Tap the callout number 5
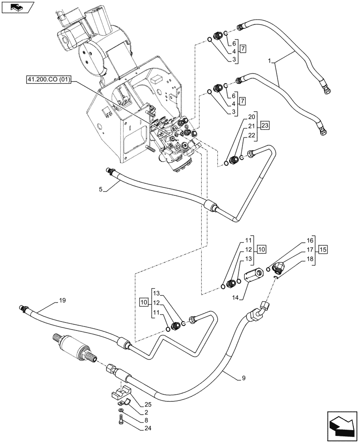[101, 189]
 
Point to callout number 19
[63, 301]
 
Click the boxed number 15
[323, 250]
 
